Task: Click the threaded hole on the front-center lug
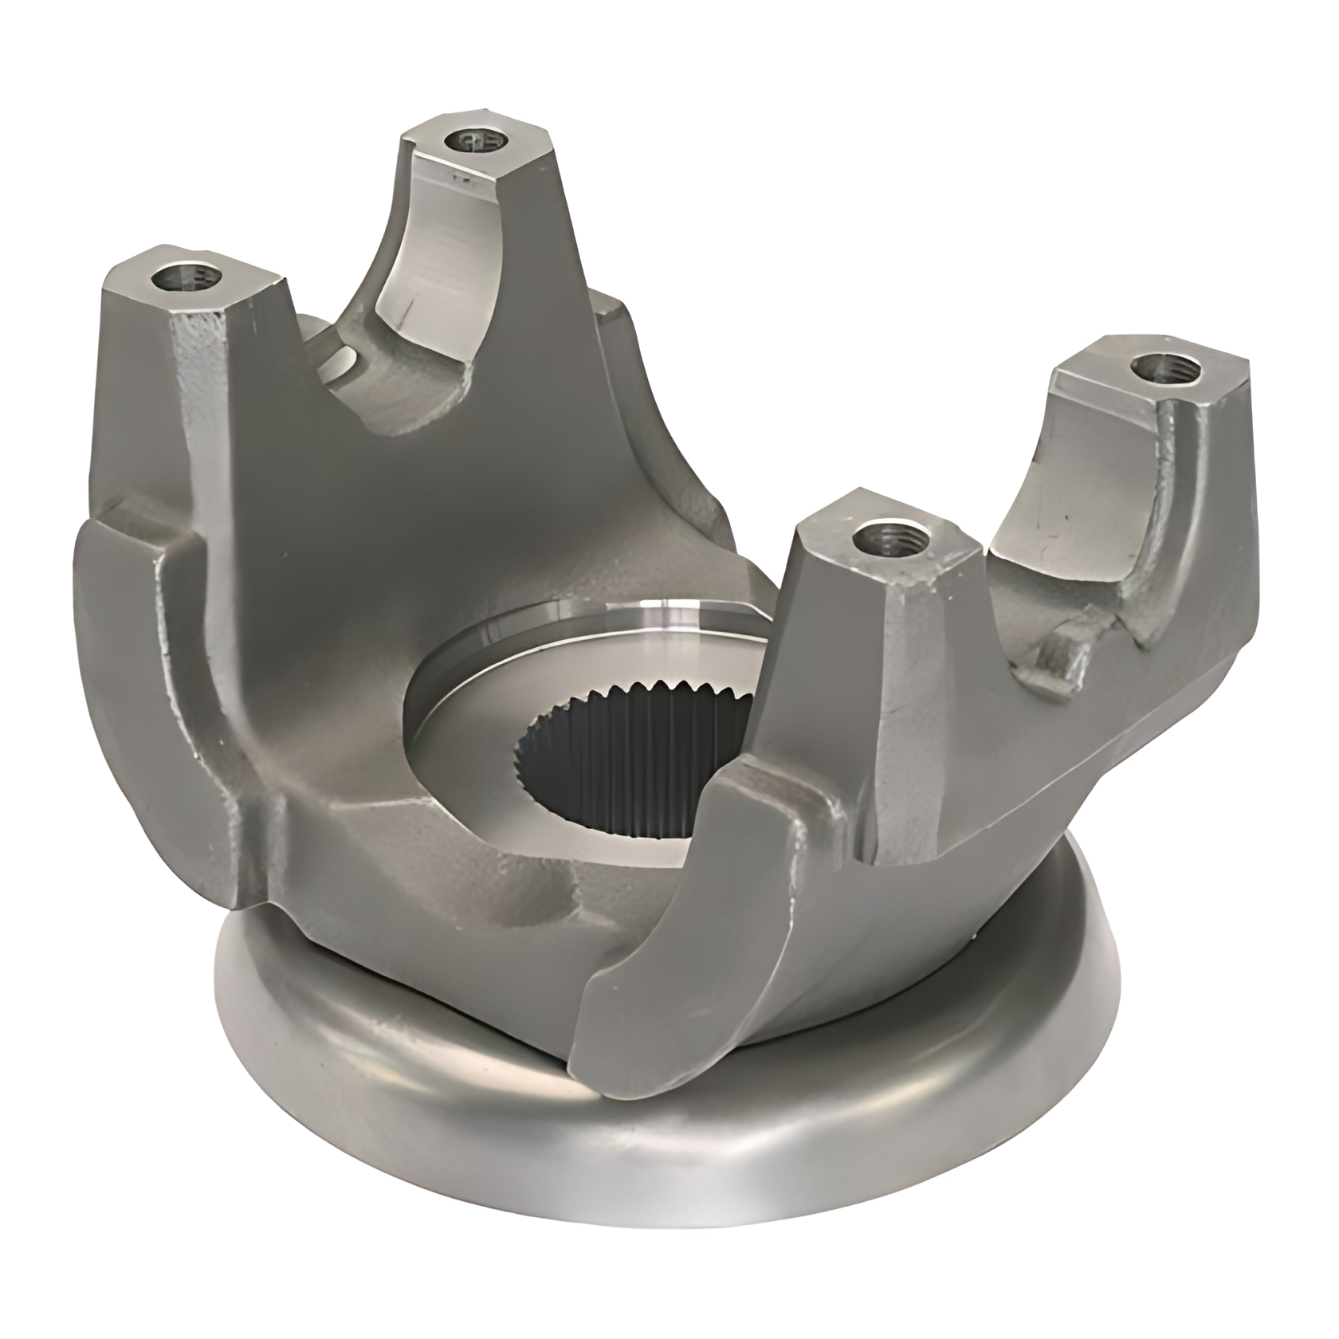(887, 540)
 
